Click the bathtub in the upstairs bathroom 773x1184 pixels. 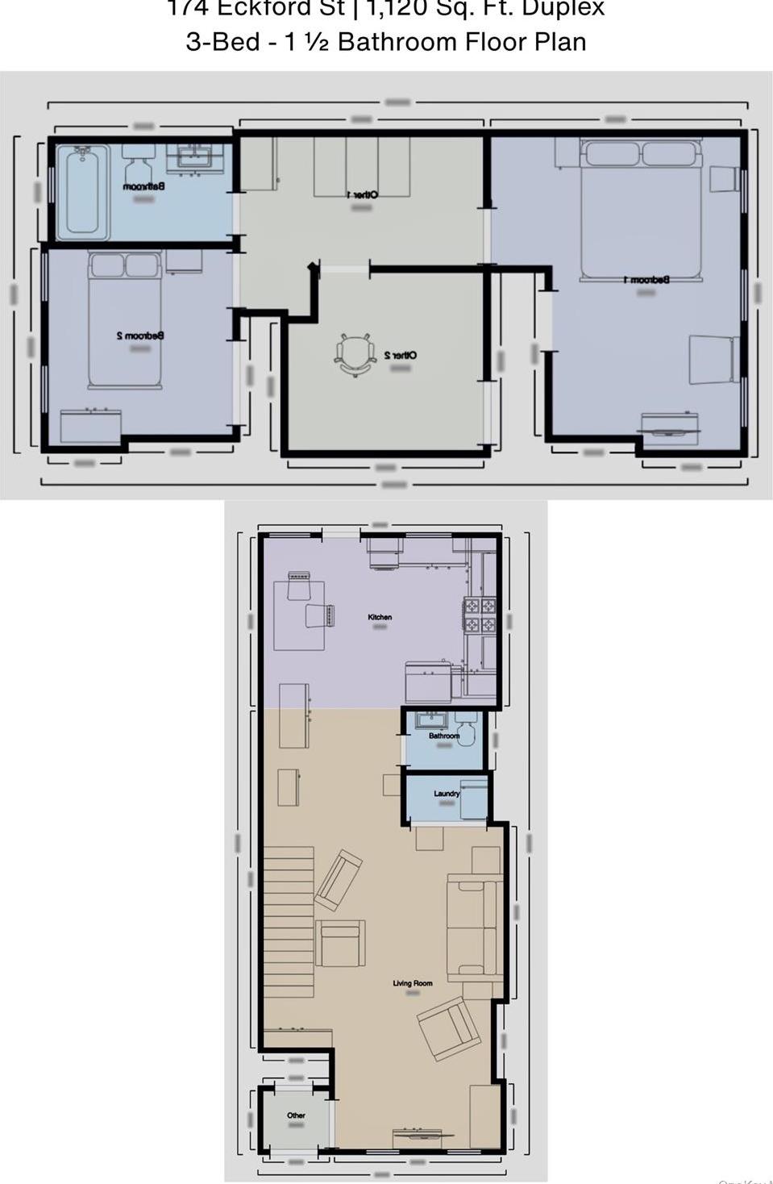(81, 192)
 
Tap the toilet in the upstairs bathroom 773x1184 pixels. (139, 165)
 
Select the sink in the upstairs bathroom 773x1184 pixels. (194, 157)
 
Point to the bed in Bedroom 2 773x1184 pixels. (124, 319)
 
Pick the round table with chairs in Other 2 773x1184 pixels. (355, 355)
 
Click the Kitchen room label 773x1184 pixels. (380, 617)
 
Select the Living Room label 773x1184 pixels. (413, 983)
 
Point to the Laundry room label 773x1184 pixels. (447, 794)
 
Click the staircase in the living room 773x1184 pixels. (288, 921)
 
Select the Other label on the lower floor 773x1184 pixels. (296, 1115)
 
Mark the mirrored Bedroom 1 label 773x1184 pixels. (646, 280)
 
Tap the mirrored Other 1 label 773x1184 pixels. (362, 194)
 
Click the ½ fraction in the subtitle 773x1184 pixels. (316, 42)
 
